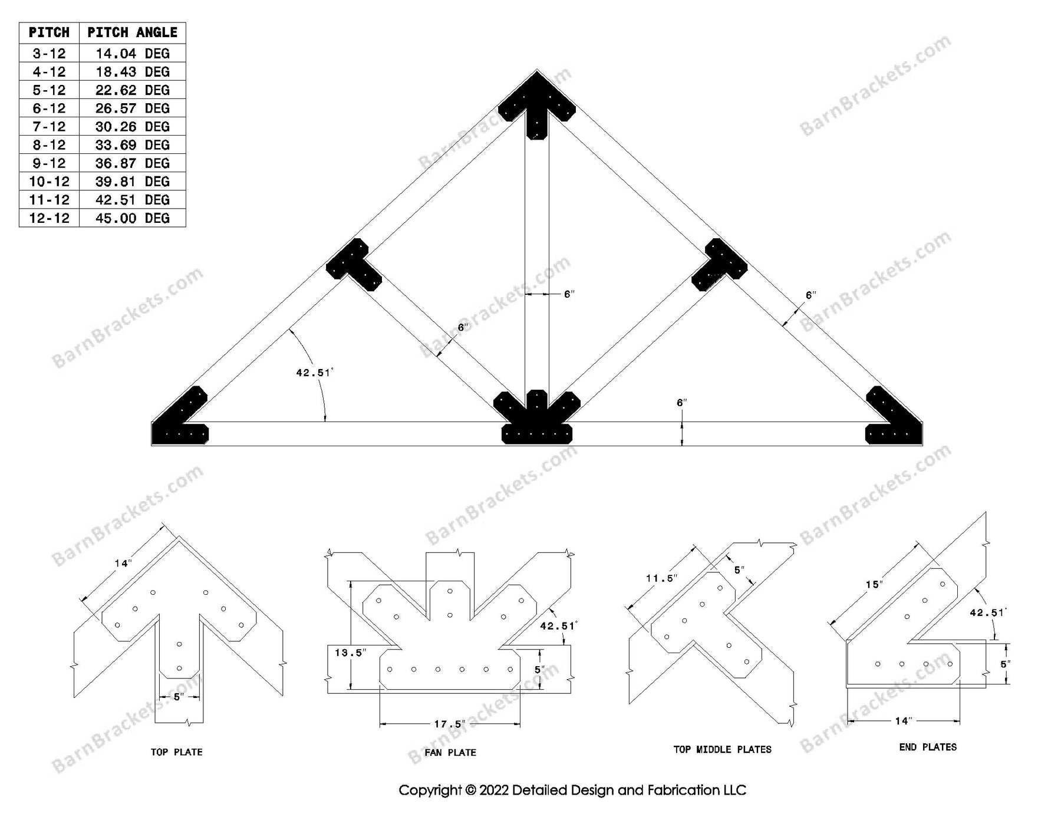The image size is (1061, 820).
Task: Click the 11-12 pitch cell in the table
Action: [x=49, y=200]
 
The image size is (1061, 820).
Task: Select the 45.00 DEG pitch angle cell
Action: [x=132, y=218]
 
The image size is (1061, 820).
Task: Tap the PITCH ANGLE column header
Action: [x=132, y=32]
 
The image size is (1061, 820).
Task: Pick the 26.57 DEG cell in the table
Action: [x=132, y=108]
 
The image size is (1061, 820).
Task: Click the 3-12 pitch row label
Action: [x=49, y=54]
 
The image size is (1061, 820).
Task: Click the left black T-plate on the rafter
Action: [x=354, y=265]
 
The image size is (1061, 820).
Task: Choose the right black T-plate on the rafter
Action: [x=719, y=265]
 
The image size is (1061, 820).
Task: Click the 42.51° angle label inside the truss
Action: [x=314, y=373]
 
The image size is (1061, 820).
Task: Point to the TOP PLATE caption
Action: [x=176, y=752]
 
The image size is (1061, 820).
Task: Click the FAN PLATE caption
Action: [x=450, y=753]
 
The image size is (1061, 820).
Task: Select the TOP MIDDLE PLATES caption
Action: [x=722, y=749]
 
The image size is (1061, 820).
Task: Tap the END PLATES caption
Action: [x=928, y=747]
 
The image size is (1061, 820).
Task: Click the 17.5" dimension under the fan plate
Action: [x=449, y=724]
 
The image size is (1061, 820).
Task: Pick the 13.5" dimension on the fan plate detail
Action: [x=350, y=653]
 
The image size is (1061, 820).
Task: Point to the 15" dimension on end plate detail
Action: [x=874, y=584]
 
